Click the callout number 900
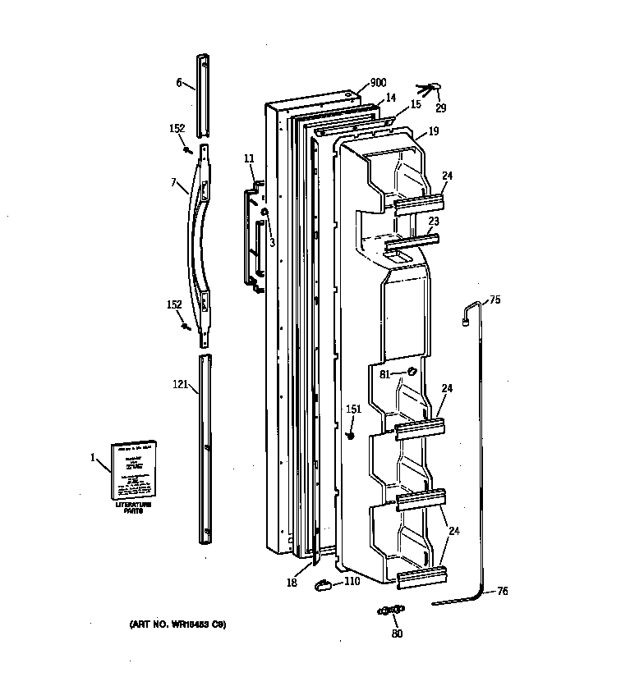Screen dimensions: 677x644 [378, 83]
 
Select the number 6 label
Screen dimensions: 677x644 [179, 84]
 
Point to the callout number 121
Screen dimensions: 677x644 [181, 383]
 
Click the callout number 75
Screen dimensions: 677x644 [494, 300]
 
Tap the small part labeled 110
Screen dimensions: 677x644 [324, 585]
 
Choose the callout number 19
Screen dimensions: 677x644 [433, 130]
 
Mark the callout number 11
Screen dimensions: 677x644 [249, 158]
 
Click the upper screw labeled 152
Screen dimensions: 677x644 [188, 149]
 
